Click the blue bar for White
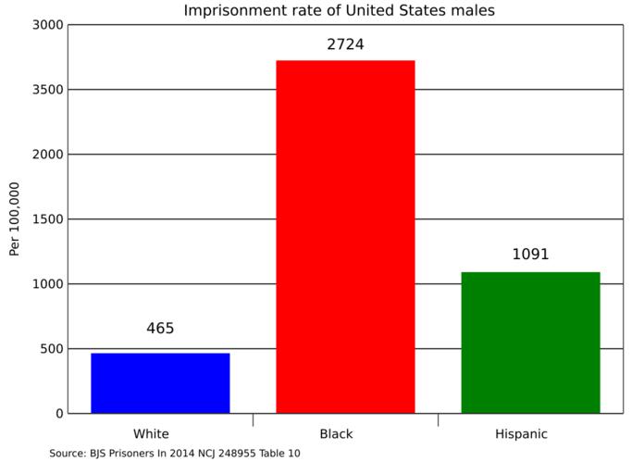[160, 382]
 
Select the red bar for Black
[345, 236]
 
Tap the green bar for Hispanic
[530, 342]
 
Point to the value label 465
[160, 329]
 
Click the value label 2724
[345, 44]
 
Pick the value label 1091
[530, 255]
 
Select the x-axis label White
[151, 433]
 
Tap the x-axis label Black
[336, 433]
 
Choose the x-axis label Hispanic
[521, 433]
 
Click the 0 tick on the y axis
[58, 414]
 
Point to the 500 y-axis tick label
[51, 349]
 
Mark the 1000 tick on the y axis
[47, 284]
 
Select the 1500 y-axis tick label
[47, 219]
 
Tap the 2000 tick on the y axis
[47, 155]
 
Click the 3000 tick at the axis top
[47, 25]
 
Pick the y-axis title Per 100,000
[15, 218]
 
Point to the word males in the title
[473, 11]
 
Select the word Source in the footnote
[68, 454]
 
